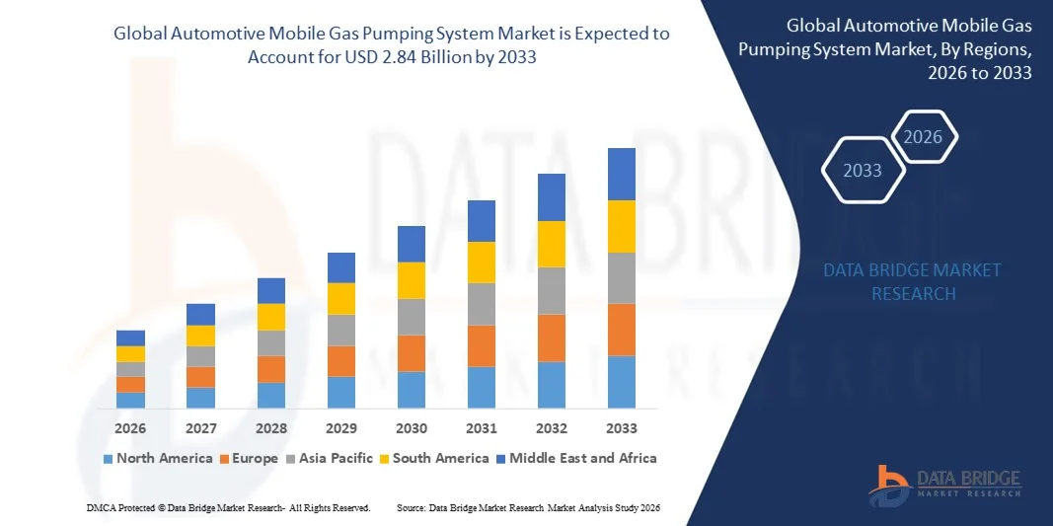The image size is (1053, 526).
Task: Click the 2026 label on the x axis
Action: [130, 428]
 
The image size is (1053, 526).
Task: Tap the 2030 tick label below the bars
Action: [412, 428]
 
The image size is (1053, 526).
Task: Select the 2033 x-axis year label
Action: [622, 428]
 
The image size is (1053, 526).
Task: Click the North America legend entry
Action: [158, 458]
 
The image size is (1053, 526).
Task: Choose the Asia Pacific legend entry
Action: [331, 458]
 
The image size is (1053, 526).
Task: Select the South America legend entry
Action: [434, 458]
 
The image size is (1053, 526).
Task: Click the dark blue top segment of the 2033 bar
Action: [622, 174]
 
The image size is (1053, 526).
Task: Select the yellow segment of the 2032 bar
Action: [552, 244]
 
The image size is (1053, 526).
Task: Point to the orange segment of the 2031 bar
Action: [482, 345]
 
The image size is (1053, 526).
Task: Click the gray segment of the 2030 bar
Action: [412, 317]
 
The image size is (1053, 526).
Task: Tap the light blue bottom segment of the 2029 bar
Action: [341, 392]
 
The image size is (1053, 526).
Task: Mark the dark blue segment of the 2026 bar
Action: [130, 338]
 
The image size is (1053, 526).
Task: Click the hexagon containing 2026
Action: [924, 137]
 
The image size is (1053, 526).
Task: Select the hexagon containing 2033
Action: [863, 171]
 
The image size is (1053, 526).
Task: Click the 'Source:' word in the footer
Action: [411, 507]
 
